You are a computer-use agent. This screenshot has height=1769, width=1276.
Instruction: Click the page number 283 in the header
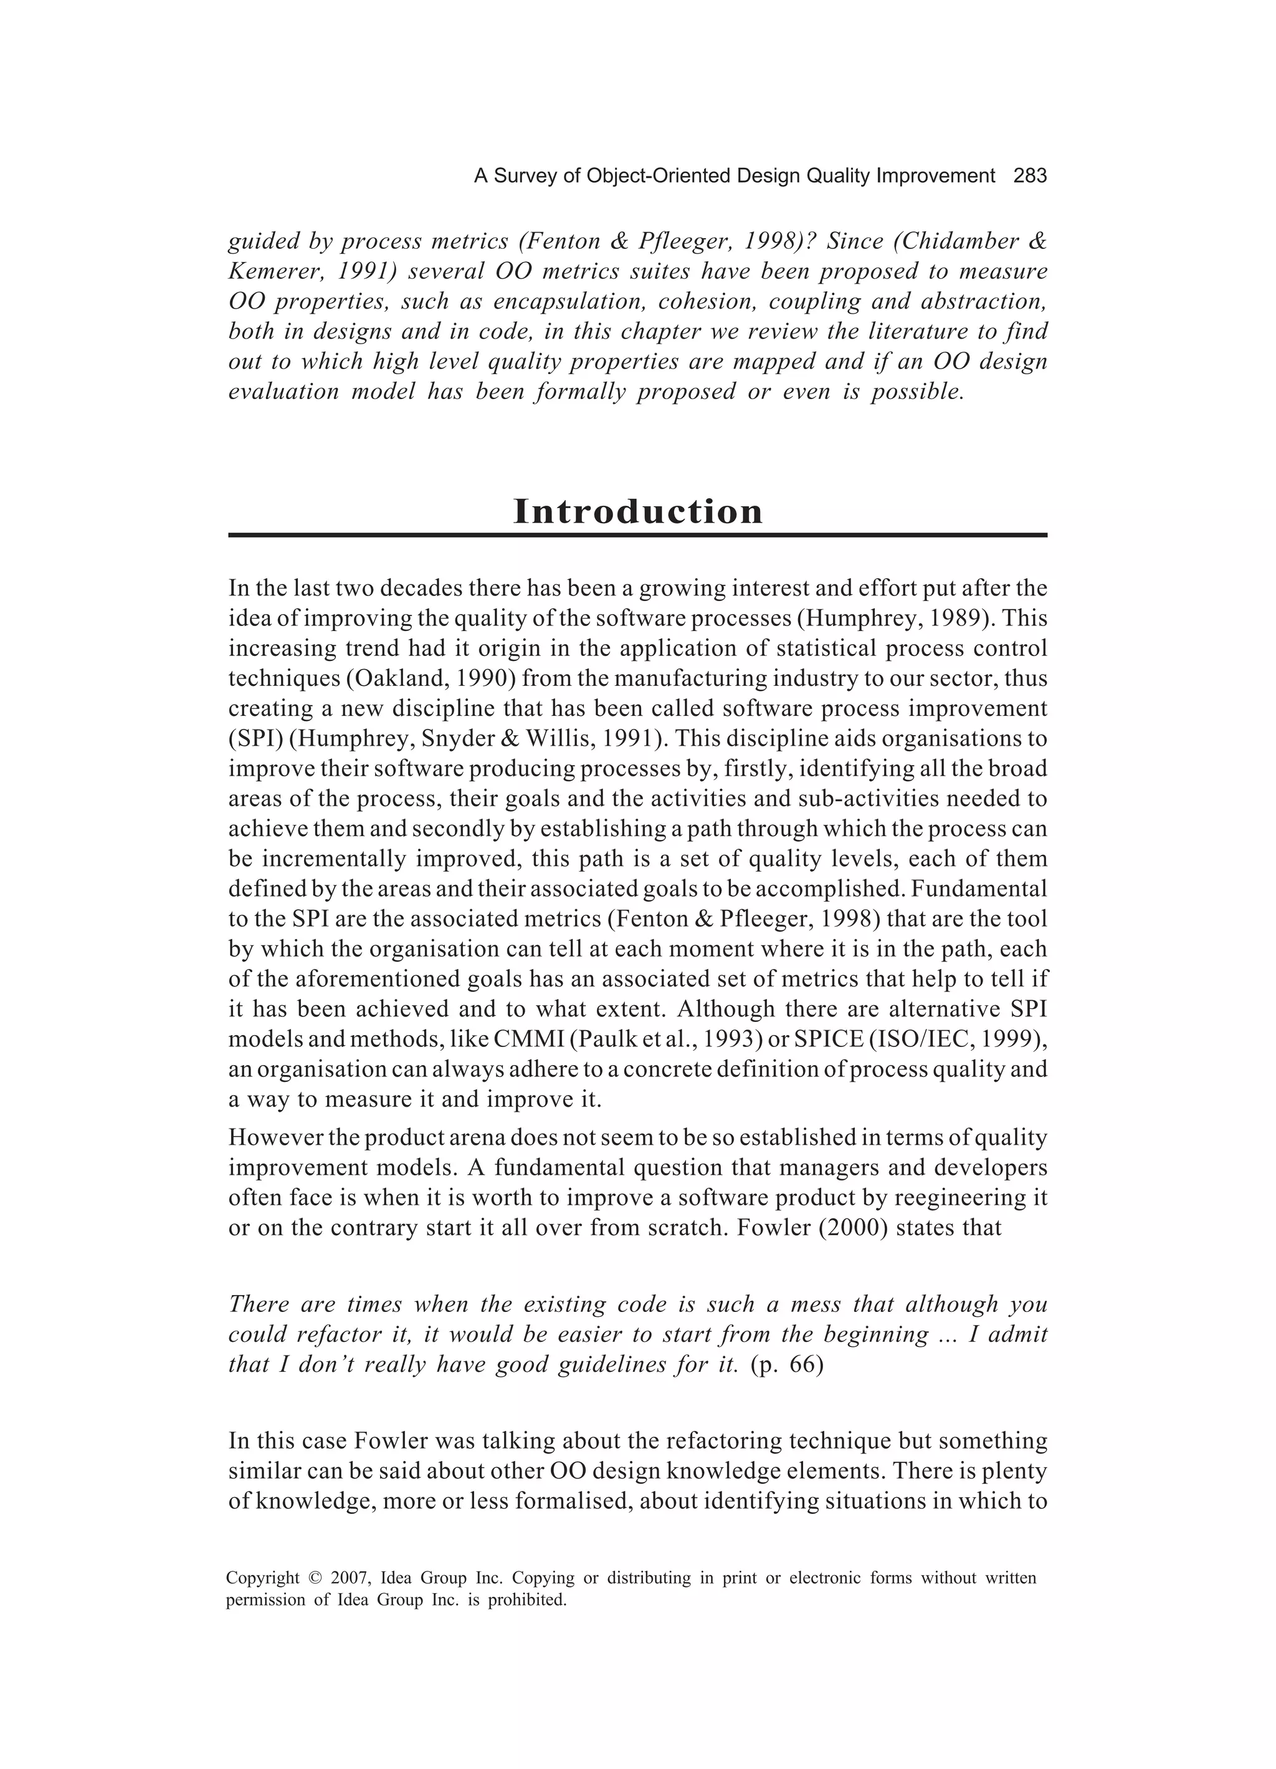(x=1030, y=176)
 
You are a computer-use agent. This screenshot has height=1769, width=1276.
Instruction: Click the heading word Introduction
(x=637, y=512)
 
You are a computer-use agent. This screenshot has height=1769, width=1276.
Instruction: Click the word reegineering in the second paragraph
(x=968, y=1198)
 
